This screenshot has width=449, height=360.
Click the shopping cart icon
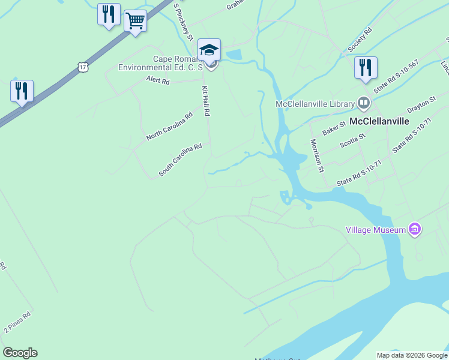(x=135, y=21)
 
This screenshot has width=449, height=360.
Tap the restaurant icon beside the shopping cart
(x=109, y=14)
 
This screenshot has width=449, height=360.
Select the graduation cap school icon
(x=209, y=50)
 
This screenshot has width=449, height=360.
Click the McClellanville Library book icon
(x=363, y=103)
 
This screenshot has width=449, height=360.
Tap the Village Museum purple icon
(x=414, y=229)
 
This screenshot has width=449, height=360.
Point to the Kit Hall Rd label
(x=205, y=100)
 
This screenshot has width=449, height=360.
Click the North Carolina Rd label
(x=169, y=127)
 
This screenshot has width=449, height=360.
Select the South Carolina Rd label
(x=180, y=160)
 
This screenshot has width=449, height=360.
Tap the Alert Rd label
(x=158, y=80)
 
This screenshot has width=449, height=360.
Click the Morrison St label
(x=316, y=155)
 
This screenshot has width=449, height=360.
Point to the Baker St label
(x=334, y=127)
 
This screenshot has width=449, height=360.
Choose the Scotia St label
(x=352, y=140)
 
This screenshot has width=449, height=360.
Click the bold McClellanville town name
(x=379, y=121)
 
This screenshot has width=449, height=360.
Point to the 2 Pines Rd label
(x=17, y=322)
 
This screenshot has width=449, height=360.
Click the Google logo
(x=20, y=353)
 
